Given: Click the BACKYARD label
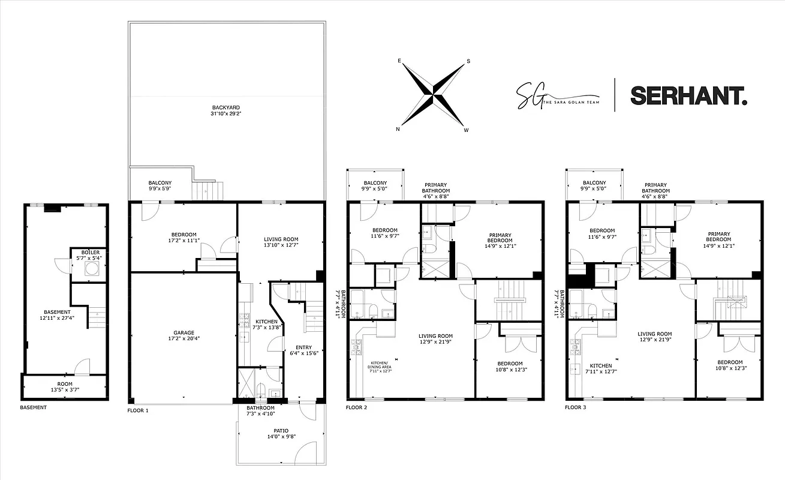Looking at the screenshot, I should coord(225,108).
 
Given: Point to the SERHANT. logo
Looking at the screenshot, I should coord(688,95).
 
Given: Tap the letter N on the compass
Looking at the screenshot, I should coord(398,129).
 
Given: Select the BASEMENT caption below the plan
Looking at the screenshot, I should coord(33,407).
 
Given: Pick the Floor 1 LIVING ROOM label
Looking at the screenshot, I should coord(281,239).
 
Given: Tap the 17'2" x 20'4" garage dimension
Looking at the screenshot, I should coord(183,338).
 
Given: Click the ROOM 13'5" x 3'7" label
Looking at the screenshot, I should coord(64,386).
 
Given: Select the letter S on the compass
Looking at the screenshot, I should coord(468,61).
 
